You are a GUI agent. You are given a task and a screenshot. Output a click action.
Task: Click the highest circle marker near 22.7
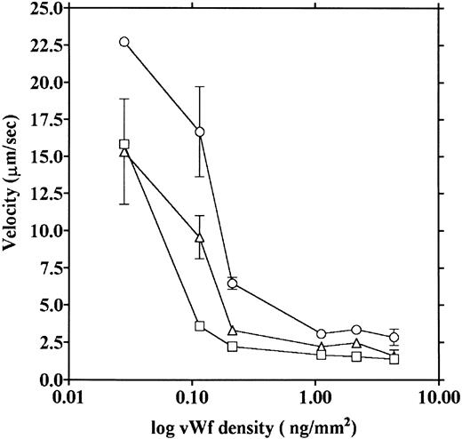[124, 42]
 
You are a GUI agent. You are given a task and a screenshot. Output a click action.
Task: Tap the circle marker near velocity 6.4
[233, 283]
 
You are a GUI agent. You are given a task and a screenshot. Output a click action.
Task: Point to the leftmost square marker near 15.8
[124, 144]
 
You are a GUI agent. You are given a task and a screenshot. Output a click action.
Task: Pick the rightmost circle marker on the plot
[394, 338]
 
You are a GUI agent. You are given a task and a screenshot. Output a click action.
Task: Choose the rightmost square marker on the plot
[394, 359]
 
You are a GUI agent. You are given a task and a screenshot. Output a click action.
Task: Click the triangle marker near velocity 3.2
[233, 331]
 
